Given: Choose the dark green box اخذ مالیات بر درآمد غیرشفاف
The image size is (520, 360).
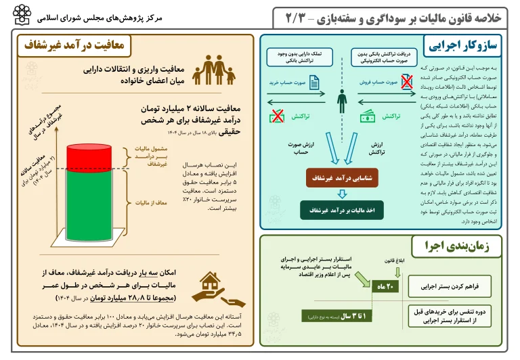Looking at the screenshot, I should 341,211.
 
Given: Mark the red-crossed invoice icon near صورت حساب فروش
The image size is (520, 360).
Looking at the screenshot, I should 407,83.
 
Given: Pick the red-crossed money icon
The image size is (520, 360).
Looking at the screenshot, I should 277,116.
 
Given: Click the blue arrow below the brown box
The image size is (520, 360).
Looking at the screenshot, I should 341,195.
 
